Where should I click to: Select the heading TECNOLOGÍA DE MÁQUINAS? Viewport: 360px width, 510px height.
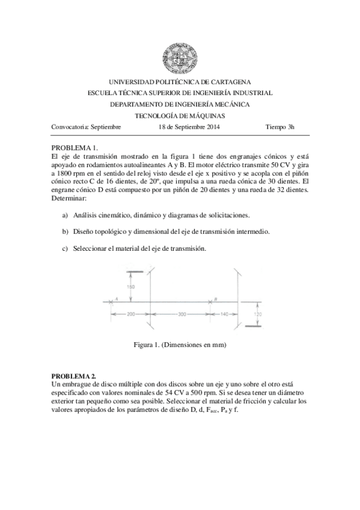pyautogui.click(x=180, y=115)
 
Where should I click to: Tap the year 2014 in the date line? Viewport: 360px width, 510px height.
pyautogui.click(x=212, y=127)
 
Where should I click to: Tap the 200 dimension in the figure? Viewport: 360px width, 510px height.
pyautogui.click(x=131, y=315)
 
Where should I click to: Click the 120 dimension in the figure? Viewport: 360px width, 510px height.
pyautogui.click(x=257, y=313)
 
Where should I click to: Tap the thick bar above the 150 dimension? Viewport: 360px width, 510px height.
pyautogui.click(x=133, y=271)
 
